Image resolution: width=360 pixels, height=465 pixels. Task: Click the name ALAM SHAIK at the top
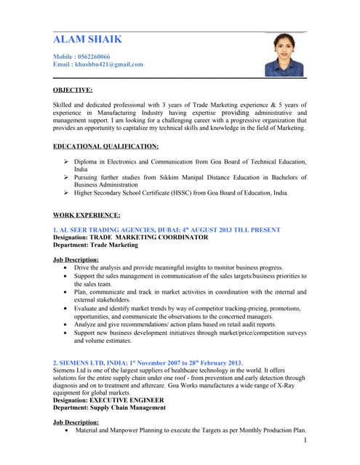pos(88,39)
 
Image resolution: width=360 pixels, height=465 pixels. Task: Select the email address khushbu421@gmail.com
pos(108,64)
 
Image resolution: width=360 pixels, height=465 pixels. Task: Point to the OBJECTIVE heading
pos(73,90)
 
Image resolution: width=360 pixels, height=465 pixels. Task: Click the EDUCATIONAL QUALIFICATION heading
pos(105,146)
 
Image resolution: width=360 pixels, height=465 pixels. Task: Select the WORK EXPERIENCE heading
pos(87,215)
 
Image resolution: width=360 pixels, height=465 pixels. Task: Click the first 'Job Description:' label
pos(76,259)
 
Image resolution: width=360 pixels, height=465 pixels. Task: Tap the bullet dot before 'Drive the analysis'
pos(67,267)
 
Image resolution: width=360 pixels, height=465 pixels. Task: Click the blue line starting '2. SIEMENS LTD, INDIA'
pos(148,363)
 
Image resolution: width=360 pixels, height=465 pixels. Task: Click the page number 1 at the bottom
pos(306,440)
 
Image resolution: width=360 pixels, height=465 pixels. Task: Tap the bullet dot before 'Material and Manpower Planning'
pos(67,430)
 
